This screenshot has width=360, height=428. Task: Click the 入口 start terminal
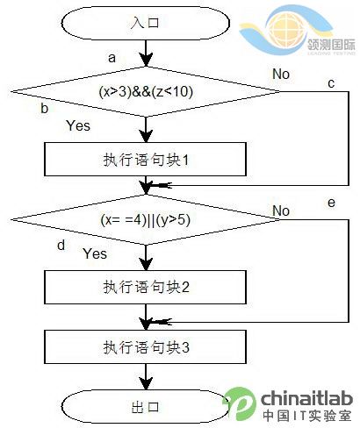click(146, 23)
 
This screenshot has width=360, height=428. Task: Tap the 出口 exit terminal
click(146, 407)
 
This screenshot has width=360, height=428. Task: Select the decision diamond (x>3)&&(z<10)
click(146, 92)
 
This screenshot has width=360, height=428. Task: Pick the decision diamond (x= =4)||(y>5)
click(146, 219)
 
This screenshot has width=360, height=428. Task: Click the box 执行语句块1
click(145, 160)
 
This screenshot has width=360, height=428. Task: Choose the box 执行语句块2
click(145, 287)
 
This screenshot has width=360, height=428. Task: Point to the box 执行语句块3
click(145, 347)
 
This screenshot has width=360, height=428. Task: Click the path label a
click(112, 58)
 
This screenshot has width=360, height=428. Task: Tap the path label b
click(44, 108)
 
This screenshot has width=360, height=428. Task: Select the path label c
click(331, 83)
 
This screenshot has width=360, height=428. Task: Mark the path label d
click(61, 245)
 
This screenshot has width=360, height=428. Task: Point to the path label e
click(331, 203)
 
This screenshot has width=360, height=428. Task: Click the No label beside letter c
click(281, 74)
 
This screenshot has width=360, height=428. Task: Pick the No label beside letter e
click(281, 210)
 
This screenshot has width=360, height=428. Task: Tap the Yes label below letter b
click(78, 125)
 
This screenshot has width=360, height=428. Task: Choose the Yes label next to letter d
click(95, 253)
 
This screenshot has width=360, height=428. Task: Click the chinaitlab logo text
click(306, 398)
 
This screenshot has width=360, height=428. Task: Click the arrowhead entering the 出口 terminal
click(146, 383)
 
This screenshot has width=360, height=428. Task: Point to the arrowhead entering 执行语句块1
click(146, 136)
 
